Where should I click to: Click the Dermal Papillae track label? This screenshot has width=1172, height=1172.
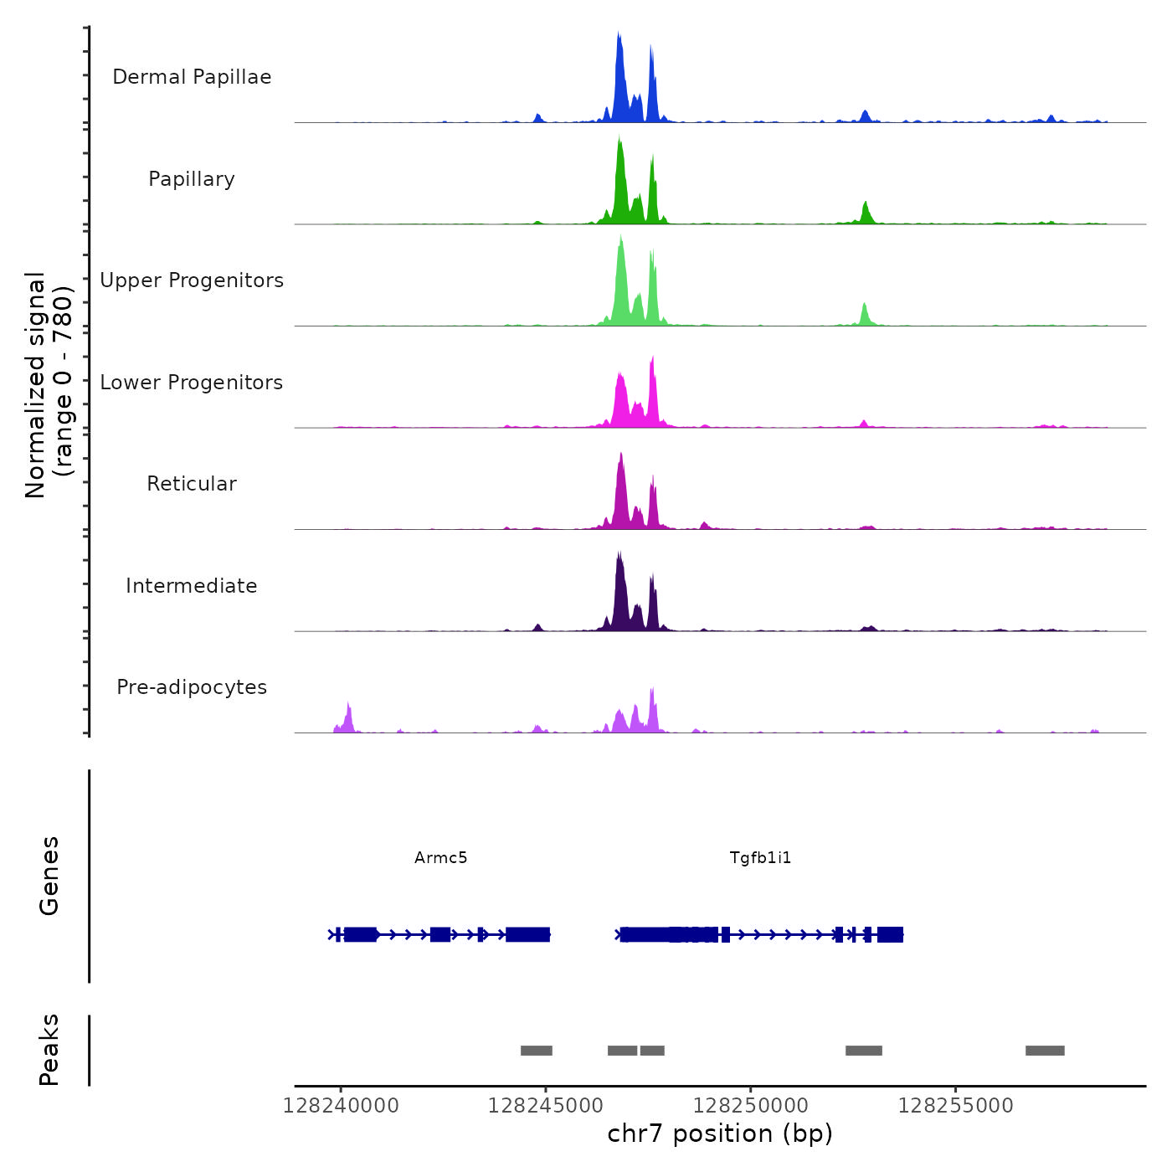pyautogui.click(x=192, y=77)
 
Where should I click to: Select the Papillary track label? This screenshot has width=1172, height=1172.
pyautogui.click(x=192, y=179)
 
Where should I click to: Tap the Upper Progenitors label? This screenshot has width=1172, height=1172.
pyautogui.click(x=192, y=280)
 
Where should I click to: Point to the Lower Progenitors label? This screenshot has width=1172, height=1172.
pyautogui.click(x=192, y=383)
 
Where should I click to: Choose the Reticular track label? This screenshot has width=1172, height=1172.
pyautogui.click(x=192, y=484)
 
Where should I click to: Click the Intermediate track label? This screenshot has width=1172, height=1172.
pyautogui.click(x=192, y=586)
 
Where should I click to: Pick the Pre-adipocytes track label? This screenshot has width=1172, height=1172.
pyautogui.click(x=192, y=687)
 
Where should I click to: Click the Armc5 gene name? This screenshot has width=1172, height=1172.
pyautogui.click(x=440, y=857)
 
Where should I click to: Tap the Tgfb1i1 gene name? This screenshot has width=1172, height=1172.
pyautogui.click(x=760, y=857)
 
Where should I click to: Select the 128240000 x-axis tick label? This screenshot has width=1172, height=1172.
pyautogui.click(x=341, y=1106)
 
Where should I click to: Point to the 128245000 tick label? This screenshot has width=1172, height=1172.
pyautogui.click(x=546, y=1106)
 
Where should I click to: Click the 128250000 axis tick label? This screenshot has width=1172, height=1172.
pyautogui.click(x=751, y=1106)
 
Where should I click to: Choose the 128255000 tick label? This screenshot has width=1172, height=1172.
pyautogui.click(x=955, y=1106)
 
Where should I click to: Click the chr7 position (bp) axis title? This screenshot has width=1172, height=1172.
pyautogui.click(x=720, y=1133)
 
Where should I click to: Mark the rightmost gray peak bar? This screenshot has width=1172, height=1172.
pyautogui.click(x=1045, y=1051)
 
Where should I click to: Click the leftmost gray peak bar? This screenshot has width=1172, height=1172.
pyautogui.click(x=537, y=1051)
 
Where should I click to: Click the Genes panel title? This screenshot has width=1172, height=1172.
pyautogui.click(x=49, y=876)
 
